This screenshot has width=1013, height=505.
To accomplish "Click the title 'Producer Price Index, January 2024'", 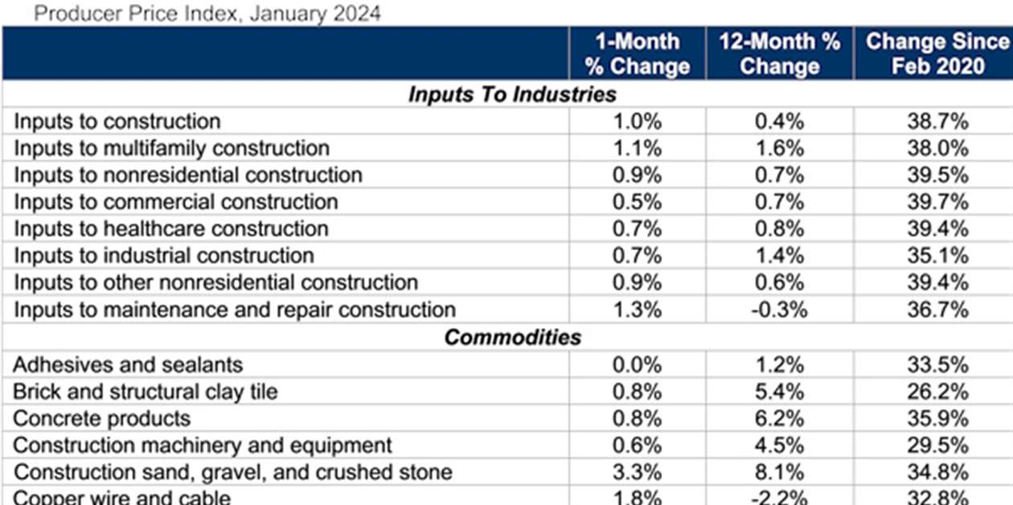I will click(x=208, y=13).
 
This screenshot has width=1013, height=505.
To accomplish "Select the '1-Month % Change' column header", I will click(x=637, y=53).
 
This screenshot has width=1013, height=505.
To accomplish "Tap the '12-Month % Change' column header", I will click(x=779, y=53).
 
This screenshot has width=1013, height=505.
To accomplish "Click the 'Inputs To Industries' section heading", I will click(x=511, y=94).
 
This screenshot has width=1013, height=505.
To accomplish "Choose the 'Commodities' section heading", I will click(x=511, y=337).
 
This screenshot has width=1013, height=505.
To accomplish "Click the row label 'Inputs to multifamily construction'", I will click(x=171, y=149).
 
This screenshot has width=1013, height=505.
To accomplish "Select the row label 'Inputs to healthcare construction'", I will click(x=171, y=229).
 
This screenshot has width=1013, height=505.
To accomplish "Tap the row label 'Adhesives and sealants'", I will click(x=128, y=364).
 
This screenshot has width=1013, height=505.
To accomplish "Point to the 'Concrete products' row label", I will click(x=102, y=418).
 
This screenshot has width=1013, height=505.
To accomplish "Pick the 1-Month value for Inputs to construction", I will click(x=637, y=122).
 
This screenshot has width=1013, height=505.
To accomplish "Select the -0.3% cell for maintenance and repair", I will click(x=779, y=310).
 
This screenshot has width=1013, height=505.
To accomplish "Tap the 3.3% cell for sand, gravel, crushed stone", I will click(x=637, y=472).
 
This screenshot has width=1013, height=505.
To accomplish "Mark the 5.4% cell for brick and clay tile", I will click(x=779, y=392).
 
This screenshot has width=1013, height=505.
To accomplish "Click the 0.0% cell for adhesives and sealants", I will click(x=637, y=364).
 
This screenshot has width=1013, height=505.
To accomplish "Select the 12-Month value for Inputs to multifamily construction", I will click(x=779, y=149).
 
